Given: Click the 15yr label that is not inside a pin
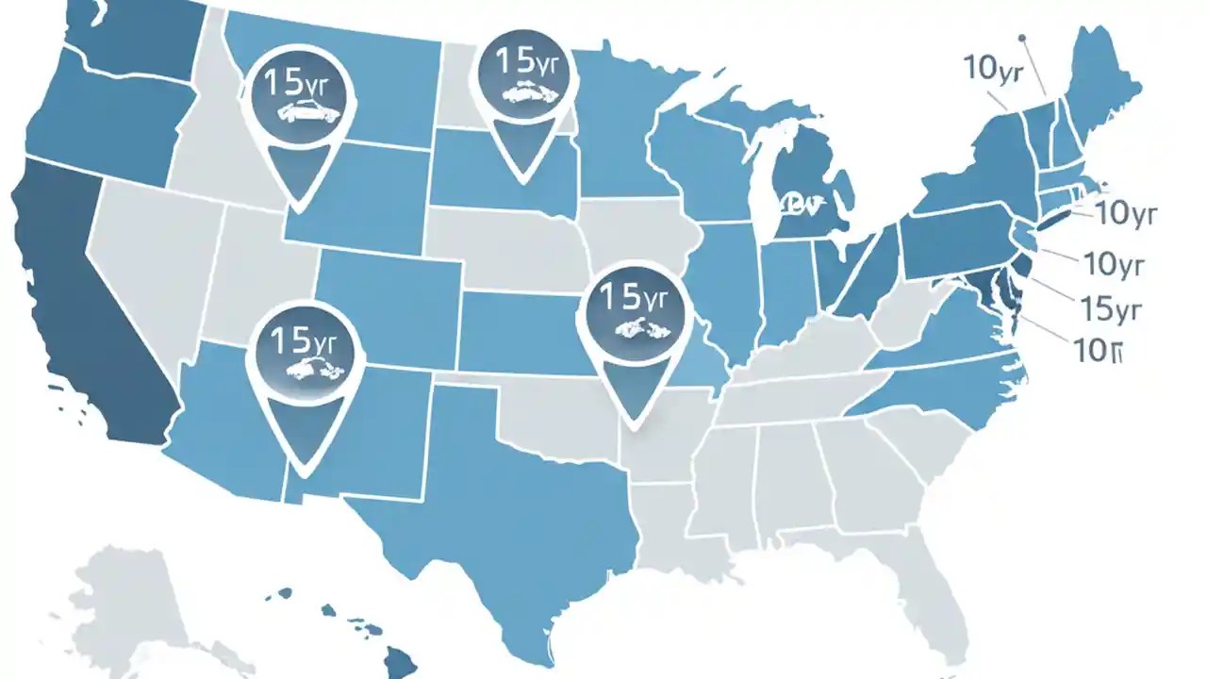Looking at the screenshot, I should [1110, 308].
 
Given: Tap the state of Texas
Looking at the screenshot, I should [490, 509].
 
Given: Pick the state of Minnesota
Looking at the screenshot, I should [613, 132].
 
